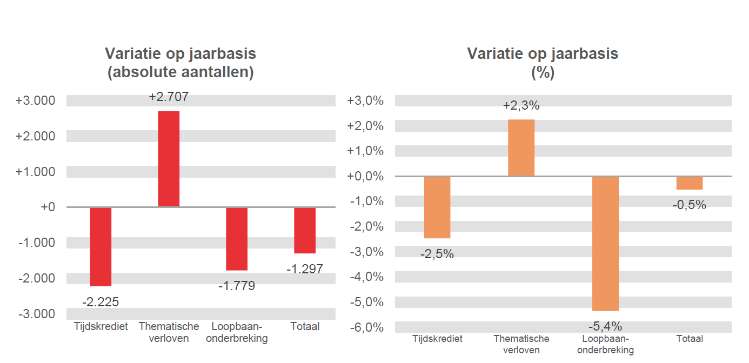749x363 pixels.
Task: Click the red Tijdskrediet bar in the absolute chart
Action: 101,246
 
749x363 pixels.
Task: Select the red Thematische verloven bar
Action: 169,159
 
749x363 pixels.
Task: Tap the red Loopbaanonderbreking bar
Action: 237,238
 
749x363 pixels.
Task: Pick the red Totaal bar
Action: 305,230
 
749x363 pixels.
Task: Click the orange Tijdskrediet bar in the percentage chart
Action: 437,207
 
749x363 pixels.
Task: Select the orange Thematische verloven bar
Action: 521,147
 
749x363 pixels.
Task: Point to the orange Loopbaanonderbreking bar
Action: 605,243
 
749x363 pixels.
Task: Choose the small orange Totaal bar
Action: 690,183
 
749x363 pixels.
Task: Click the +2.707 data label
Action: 169,97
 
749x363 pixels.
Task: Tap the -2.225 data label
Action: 101,302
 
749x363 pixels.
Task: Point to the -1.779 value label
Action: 237,286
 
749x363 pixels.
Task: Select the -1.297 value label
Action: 305,269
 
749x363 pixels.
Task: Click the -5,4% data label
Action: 605,326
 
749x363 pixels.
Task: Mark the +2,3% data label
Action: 521,106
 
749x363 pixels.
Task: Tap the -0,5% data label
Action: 690,205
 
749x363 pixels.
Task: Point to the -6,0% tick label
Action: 366,327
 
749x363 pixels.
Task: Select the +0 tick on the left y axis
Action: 48,207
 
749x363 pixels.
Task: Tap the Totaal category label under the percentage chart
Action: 690,339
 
